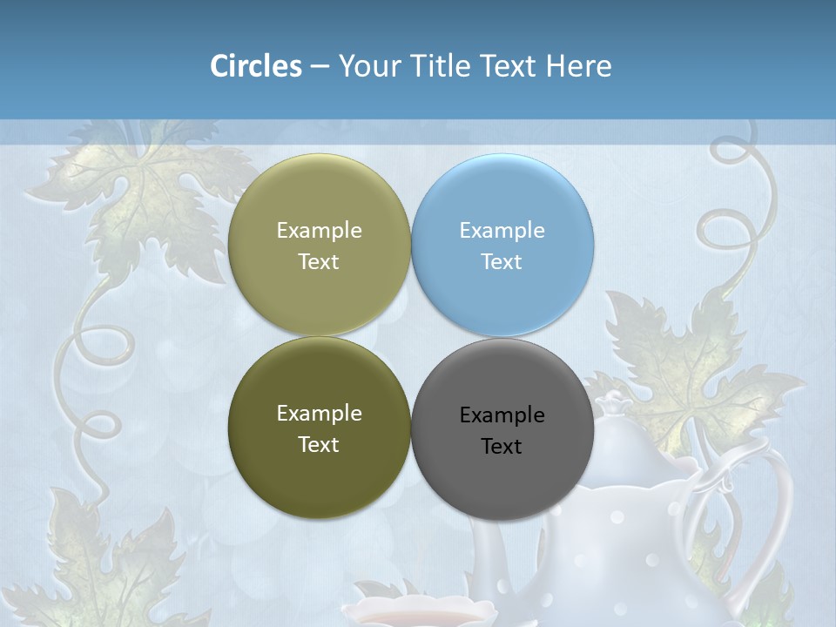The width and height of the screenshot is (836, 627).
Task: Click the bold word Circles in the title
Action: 255,66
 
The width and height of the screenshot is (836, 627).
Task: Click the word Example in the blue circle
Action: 502,231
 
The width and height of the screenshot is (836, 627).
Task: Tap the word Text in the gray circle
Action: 502,447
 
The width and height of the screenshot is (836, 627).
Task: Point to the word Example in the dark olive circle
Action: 319,414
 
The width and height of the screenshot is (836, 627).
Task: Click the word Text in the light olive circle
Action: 319,262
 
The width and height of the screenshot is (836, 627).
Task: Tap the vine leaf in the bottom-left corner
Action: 113,557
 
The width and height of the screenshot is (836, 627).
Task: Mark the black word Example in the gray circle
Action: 502,415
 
